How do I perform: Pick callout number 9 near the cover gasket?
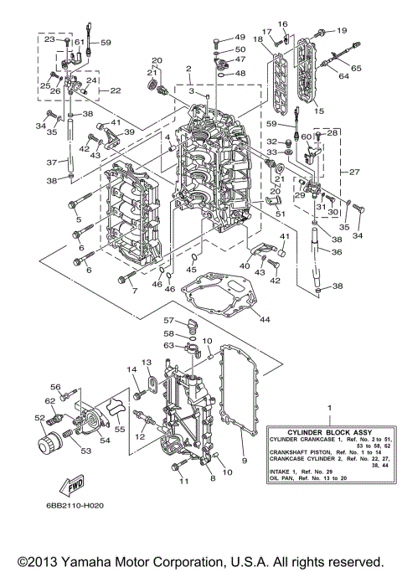coord(245,460)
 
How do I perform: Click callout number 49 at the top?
coord(240,38)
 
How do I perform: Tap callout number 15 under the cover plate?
coord(318,110)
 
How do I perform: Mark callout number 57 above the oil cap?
coord(167,321)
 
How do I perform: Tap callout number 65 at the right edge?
coord(357,67)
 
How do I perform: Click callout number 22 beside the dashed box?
coord(116,90)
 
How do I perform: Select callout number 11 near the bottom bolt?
coord(183,482)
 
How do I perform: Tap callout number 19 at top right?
coord(341,31)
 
